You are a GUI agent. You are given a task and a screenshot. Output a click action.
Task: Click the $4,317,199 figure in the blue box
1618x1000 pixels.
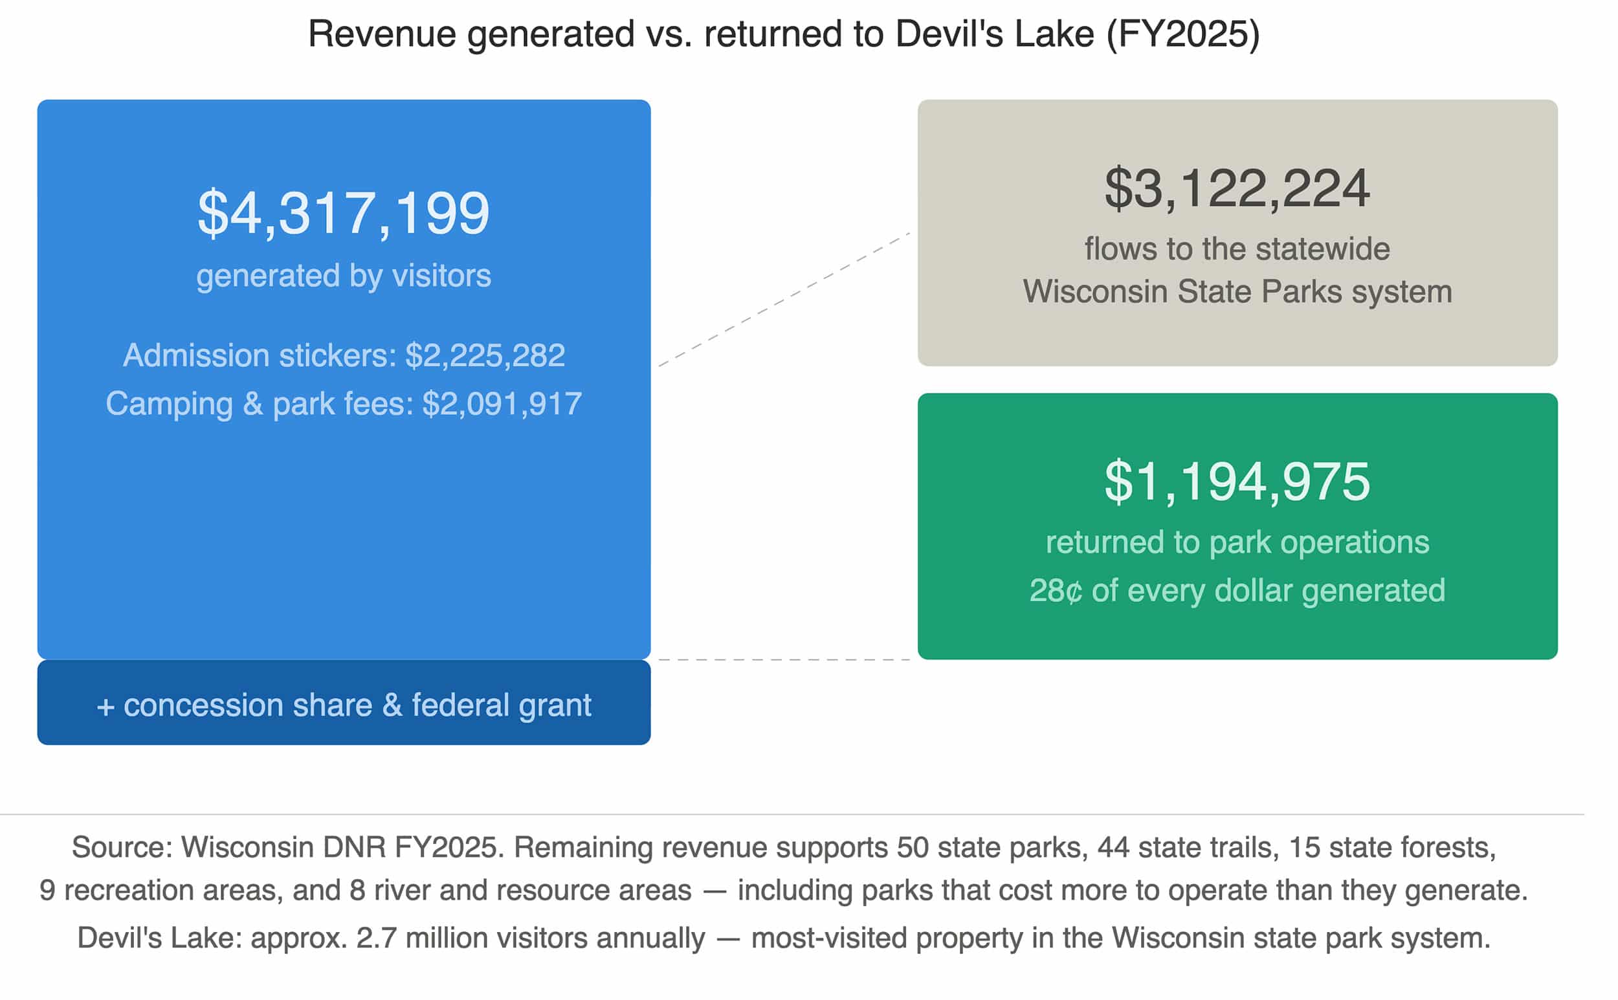[343, 213]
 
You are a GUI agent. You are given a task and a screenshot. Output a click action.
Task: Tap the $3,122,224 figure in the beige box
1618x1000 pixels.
[1237, 188]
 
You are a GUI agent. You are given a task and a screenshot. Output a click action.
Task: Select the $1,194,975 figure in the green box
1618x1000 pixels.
[1237, 482]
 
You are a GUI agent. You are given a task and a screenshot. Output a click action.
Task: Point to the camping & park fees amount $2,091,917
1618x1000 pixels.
[502, 404]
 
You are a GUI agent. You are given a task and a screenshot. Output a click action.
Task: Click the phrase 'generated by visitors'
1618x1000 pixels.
[343, 276]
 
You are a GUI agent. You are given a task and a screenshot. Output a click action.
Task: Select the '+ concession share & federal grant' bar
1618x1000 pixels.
[343, 704]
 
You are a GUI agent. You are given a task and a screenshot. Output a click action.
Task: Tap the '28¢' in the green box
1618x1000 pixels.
[1056, 590]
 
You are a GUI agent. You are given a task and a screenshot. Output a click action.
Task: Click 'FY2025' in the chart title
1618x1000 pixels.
[1183, 34]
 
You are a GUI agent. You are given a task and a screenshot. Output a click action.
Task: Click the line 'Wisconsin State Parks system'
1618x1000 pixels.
[1237, 292]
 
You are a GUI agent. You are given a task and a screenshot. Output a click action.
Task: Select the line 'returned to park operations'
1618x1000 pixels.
[1237, 542]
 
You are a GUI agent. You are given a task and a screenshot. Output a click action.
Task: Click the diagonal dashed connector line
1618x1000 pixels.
[784, 300]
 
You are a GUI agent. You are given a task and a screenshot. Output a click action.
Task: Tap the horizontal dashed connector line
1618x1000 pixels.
[784, 660]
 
